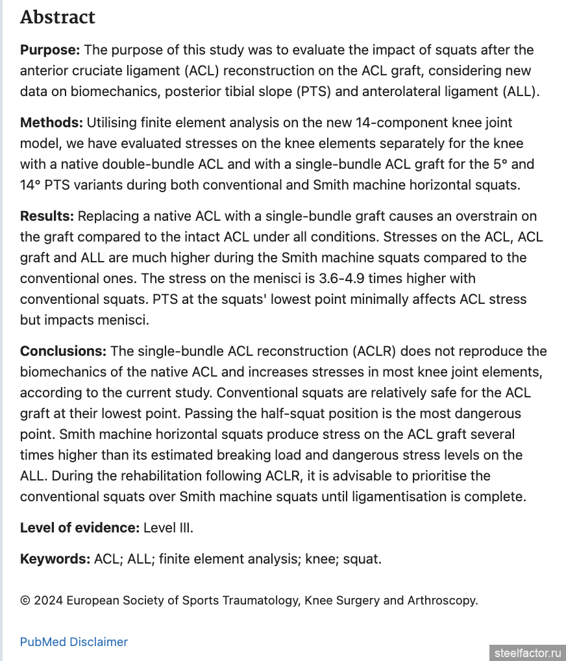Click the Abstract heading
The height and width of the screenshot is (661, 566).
[58, 18]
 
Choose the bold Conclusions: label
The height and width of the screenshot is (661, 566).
[63, 351]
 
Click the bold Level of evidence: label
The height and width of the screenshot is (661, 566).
[79, 528]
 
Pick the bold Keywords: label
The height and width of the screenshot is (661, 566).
[55, 559]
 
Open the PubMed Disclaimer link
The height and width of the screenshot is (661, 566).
[74, 642]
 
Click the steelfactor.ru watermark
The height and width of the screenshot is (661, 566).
[527, 653]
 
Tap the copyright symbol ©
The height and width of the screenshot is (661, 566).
[25, 601]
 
